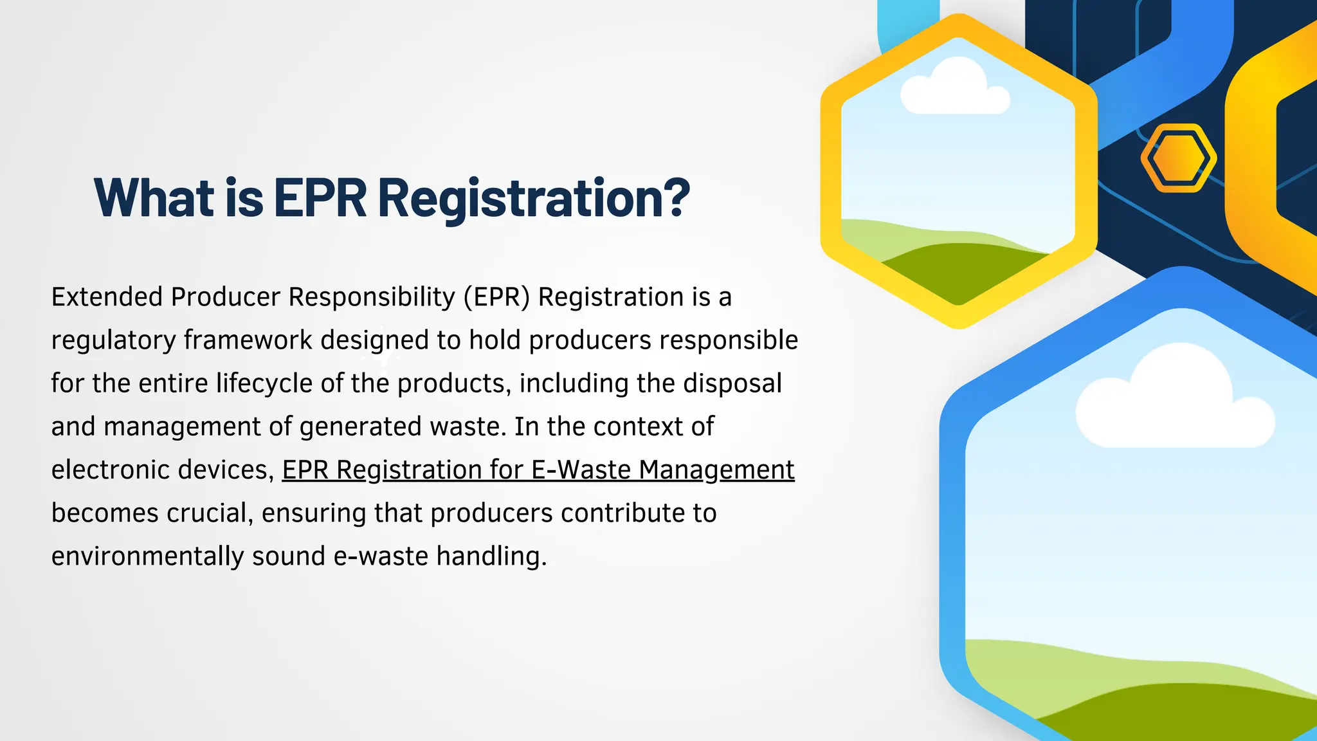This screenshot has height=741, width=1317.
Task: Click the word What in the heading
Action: tap(154, 197)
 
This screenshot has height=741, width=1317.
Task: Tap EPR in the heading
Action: tap(320, 197)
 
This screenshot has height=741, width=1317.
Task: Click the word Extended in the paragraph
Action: tap(106, 297)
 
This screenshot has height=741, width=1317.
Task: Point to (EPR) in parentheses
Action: tap(496, 297)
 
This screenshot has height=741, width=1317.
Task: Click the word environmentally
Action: tap(147, 556)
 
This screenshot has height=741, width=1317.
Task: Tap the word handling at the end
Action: tap(491, 556)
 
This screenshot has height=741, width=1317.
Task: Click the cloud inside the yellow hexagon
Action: tap(954, 89)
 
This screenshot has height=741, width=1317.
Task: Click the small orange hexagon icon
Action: tap(1178, 158)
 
